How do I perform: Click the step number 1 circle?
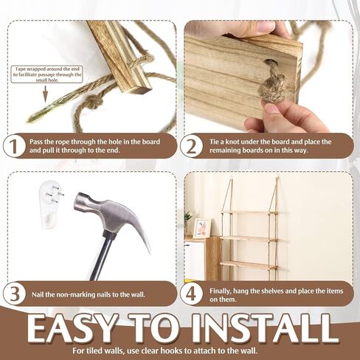click(x=14, y=147)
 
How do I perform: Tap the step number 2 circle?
click(x=191, y=147)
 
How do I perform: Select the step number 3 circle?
click(x=14, y=294)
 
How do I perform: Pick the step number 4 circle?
click(x=191, y=294)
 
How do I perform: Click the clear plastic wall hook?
click(x=51, y=204)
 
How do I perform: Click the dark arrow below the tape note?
click(x=45, y=94)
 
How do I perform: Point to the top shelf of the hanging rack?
click(x=249, y=212)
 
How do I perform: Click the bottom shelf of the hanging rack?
click(x=249, y=265)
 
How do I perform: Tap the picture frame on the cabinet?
click(x=201, y=229)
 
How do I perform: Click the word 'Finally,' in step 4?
click(x=220, y=291)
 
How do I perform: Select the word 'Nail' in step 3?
click(x=37, y=294)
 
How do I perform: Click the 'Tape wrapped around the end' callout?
click(x=47, y=74)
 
